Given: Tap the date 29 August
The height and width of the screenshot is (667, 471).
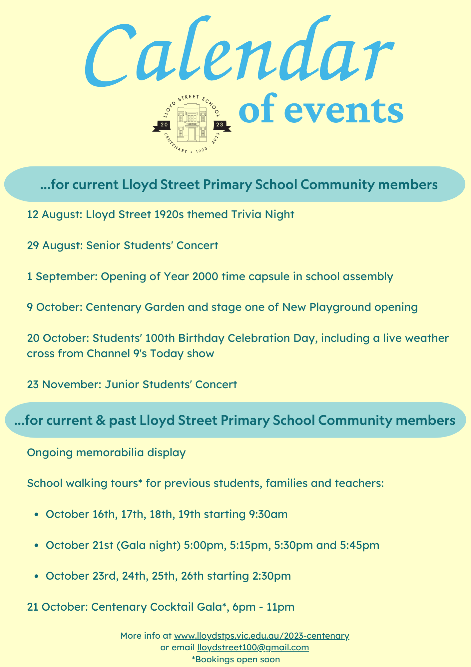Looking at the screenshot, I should coord(55,246).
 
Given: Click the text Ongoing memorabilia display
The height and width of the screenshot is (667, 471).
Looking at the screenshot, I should coord(106,453).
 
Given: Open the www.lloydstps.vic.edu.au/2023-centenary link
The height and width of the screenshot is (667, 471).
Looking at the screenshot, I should coord(261,636).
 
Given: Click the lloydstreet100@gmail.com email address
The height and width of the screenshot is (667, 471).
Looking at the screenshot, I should coord(253,647).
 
